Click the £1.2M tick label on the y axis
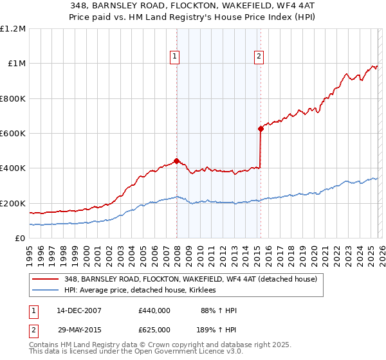[13, 29]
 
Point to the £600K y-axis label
[13, 134]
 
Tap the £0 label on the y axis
[20, 239]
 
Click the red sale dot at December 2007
[176, 161]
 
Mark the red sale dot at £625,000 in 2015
[261, 129]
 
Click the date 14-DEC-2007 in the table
[79, 310]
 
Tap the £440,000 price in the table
[154, 310]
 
